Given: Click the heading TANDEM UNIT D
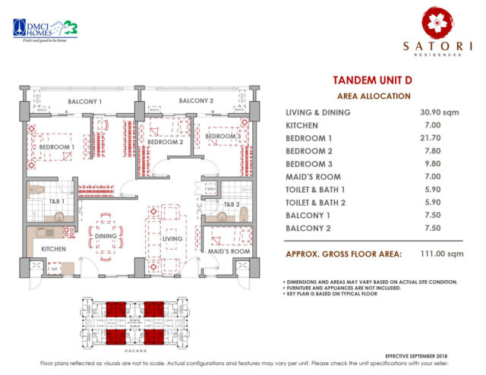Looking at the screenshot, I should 373,80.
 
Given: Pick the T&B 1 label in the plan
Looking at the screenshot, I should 55,202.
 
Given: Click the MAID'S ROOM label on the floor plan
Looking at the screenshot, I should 229,251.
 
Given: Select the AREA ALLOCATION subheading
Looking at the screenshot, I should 373,96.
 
